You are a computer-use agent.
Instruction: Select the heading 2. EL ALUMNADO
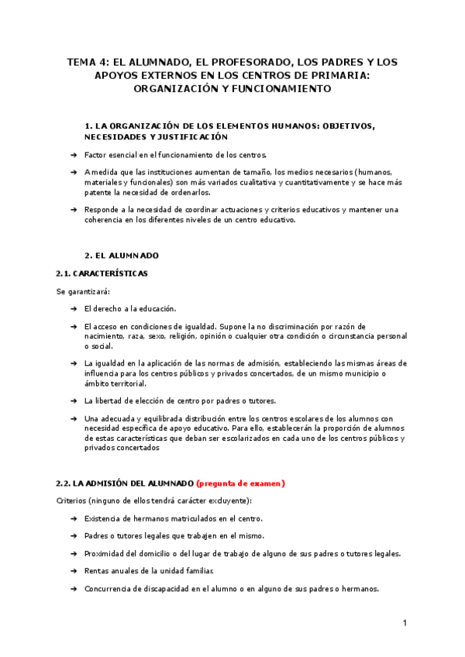[x=122, y=255]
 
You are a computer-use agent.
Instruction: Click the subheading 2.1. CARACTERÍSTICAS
[x=102, y=273]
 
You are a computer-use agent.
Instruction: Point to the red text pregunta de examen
[x=241, y=483]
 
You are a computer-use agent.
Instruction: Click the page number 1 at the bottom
[x=405, y=623]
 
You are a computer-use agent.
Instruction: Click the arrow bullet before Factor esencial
[x=73, y=155]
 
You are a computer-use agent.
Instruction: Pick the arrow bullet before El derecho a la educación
[x=73, y=309]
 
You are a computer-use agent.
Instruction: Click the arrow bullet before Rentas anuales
[x=73, y=572]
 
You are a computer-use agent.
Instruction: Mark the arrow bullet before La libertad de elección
[x=73, y=401]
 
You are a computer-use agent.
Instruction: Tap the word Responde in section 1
[x=102, y=209]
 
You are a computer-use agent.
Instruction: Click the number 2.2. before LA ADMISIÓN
[x=65, y=483]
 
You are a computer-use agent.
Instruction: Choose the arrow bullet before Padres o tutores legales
[x=73, y=536]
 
